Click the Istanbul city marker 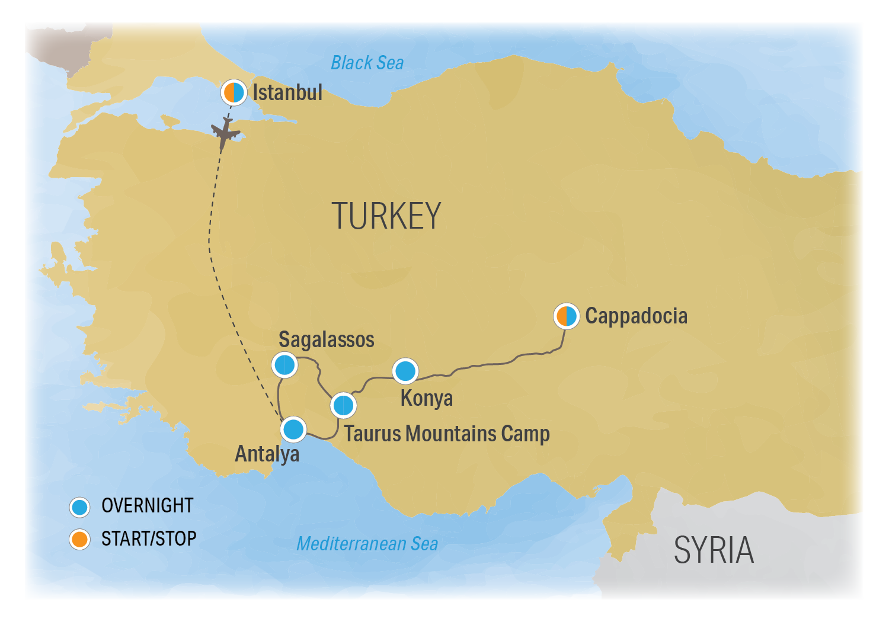(234, 92)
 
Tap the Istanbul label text (287, 92)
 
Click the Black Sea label (367, 63)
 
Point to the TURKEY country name (386, 216)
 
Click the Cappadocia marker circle (567, 316)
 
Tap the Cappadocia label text (636, 316)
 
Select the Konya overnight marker (405, 371)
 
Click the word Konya (427, 398)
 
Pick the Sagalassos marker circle (284, 365)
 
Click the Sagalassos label (327, 339)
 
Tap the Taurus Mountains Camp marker (343, 406)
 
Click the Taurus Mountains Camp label (447, 434)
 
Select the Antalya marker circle (293, 429)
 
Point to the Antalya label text (267, 454)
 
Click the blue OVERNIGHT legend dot (79, 507)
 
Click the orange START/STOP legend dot (79, 539)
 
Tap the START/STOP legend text (149, 538)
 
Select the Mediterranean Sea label (367, 544)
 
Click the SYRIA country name (714, 550)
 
